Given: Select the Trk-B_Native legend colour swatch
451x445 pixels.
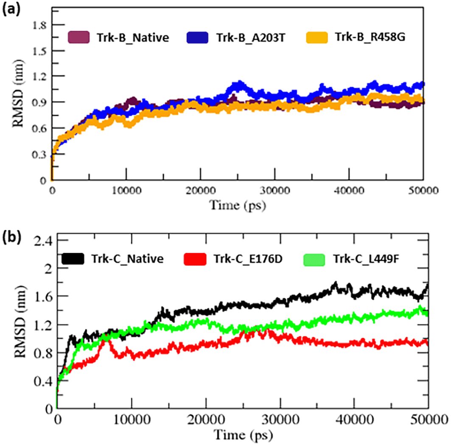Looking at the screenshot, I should tap(79, 38).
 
